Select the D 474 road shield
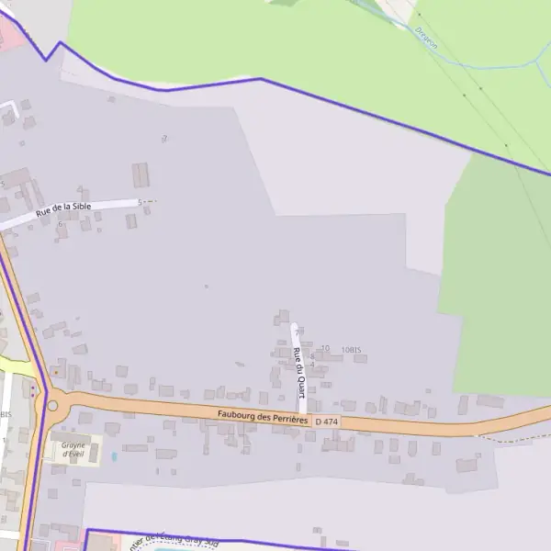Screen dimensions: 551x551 (x=326, y=422)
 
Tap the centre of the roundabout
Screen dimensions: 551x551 (x=52, y=405)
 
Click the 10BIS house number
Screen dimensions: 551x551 (x=352, y=350)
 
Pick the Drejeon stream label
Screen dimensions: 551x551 (x=426, y=38)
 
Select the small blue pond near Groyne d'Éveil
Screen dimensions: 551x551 (x=114, y=455)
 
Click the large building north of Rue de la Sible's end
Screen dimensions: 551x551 (x=141, y=174)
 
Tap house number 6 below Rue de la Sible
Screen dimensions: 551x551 (x=61, y=224)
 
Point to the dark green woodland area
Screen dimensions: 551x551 (x=496, y=275)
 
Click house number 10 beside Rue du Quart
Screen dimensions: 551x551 (x=325, y=348)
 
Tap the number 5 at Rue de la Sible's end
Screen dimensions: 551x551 (x=140, y=202)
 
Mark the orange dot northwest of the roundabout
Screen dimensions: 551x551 (x=54, y=372)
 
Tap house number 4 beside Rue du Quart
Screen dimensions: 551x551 (x=312, y=365)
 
